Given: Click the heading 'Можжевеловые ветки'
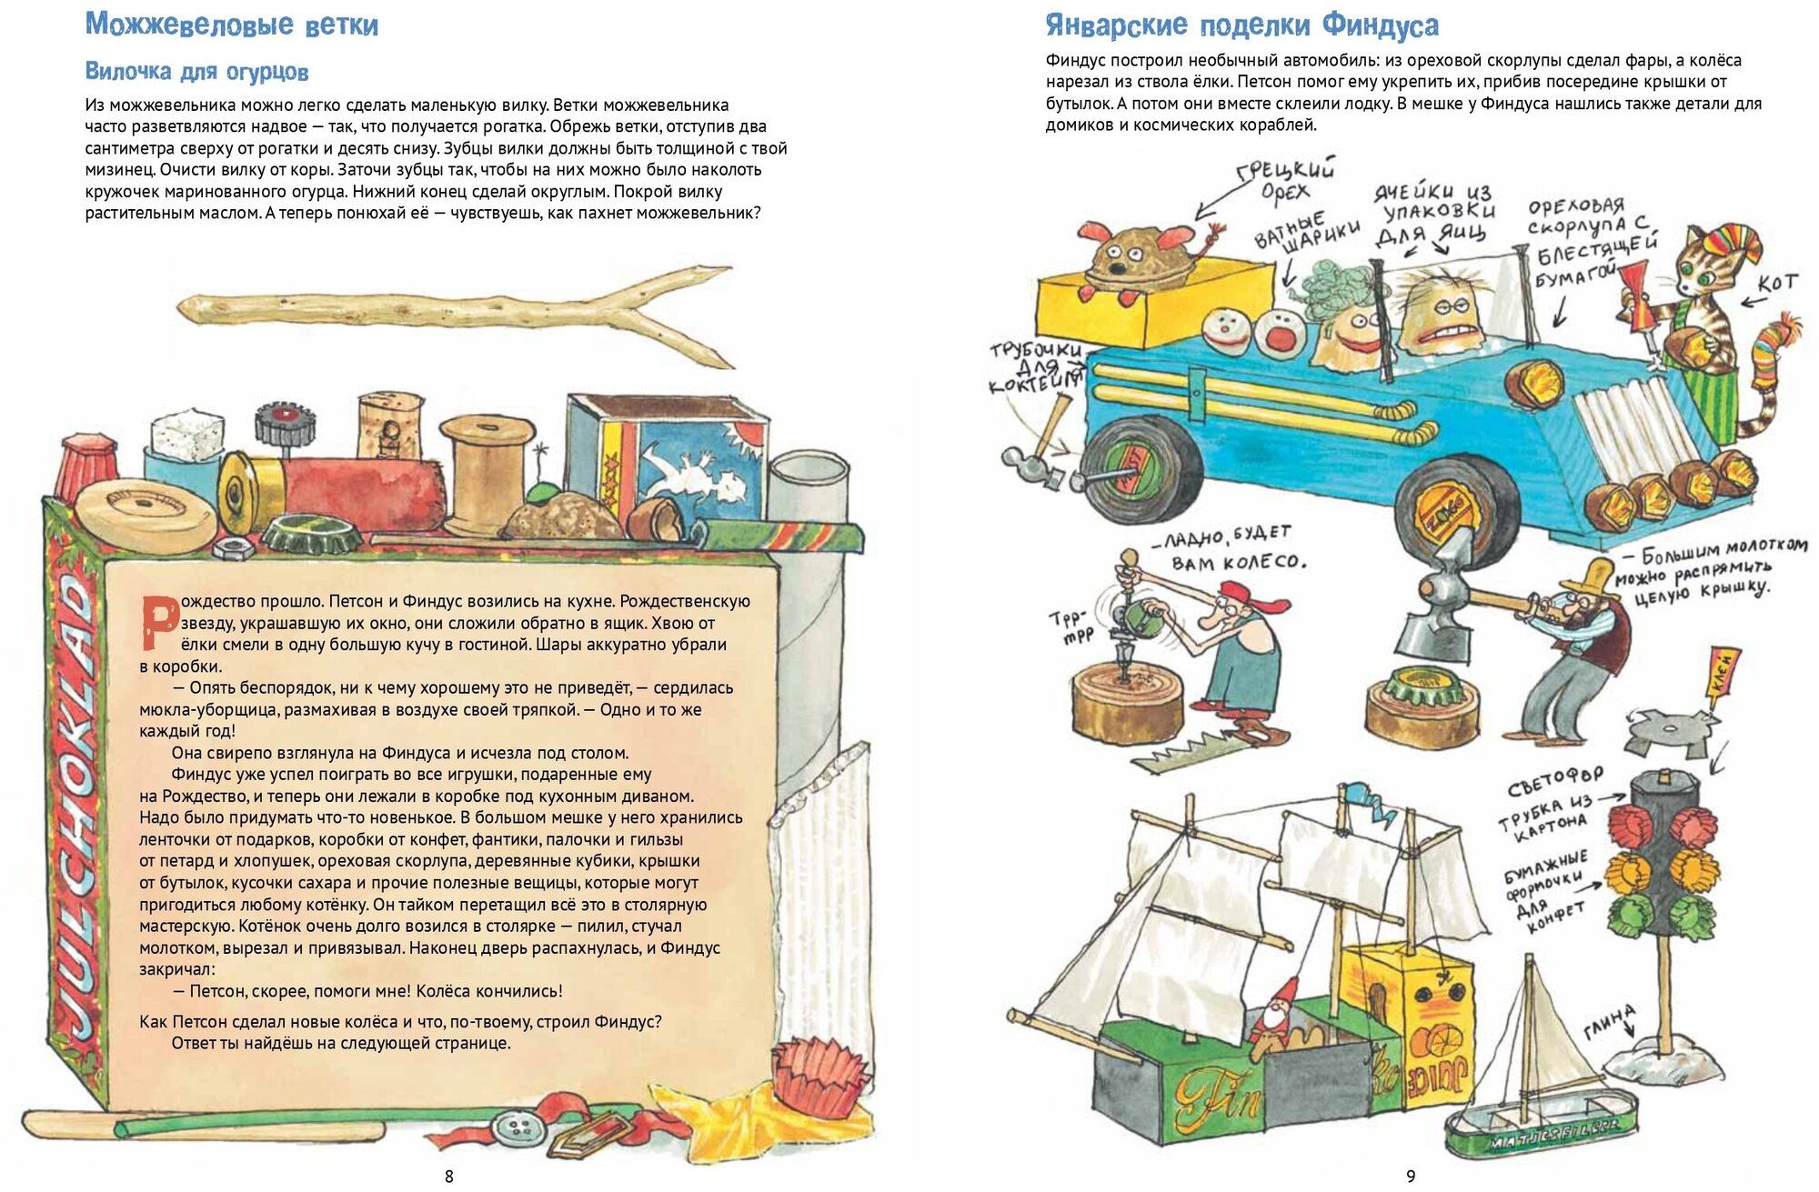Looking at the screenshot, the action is point(231,25).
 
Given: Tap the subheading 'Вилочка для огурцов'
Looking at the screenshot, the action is point(196,71).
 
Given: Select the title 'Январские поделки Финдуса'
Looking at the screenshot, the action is point(1241,25).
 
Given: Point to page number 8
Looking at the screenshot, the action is point(448,1176).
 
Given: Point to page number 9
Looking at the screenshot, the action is point(1411,1176).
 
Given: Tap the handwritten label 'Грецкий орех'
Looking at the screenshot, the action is point(1285,180).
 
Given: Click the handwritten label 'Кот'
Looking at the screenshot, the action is point(1776,284).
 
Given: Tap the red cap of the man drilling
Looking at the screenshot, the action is point(1251,597).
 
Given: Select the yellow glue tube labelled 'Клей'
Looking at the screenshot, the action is point(1724,674).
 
